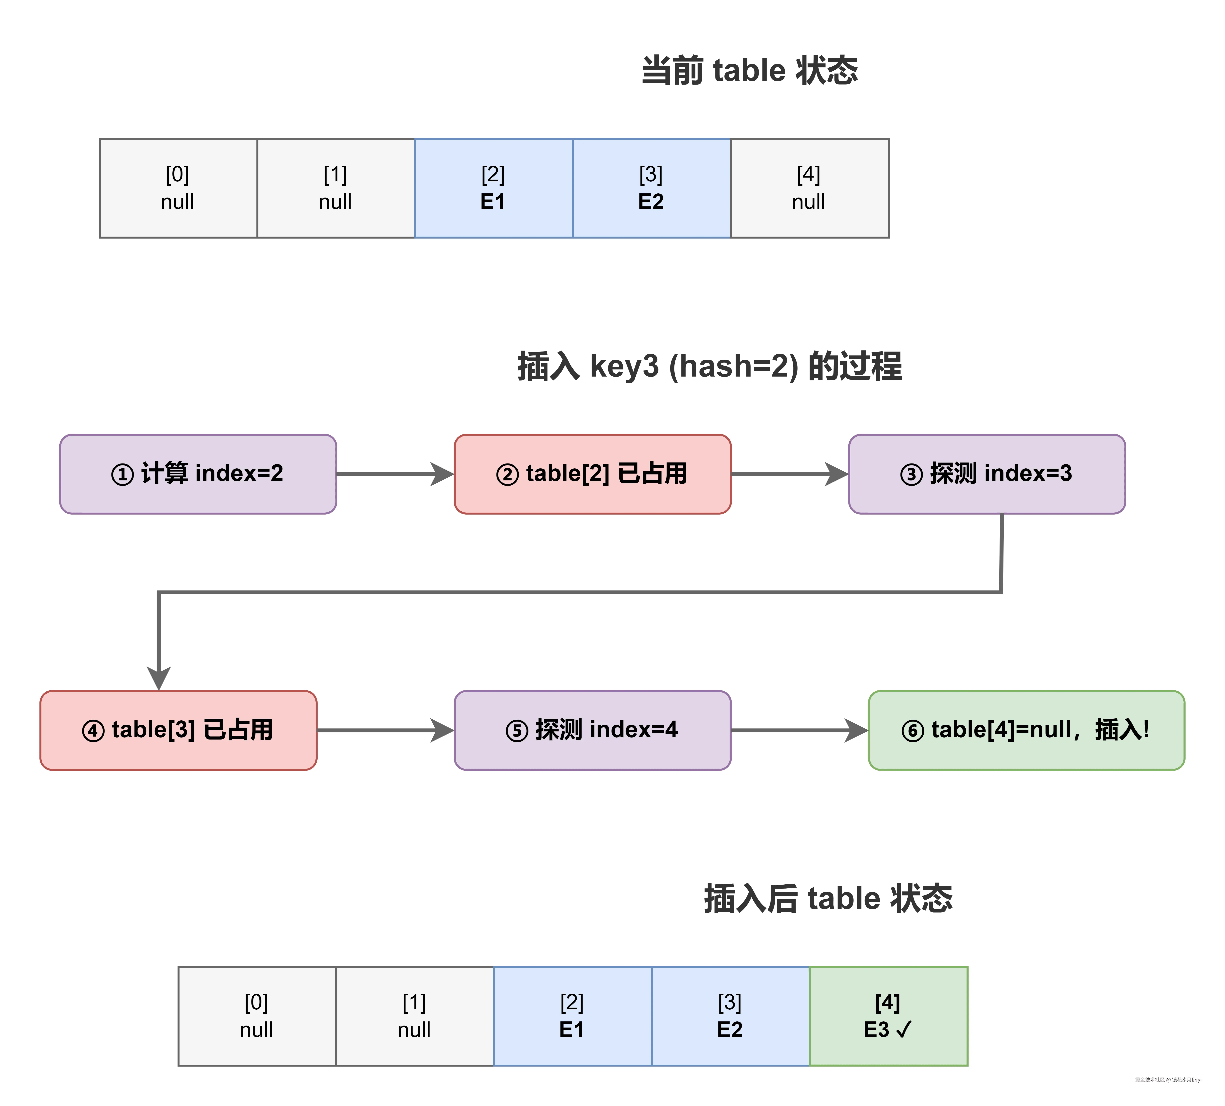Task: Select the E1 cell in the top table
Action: point(493,188)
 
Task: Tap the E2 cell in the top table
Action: point(651,188)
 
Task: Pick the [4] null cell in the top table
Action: point(809,188)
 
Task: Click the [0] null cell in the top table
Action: point(178,188)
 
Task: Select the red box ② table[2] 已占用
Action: point(592,474)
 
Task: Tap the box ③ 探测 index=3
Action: point(986,474)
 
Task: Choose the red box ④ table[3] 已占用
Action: point(178,730)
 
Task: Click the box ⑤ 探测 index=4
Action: point(592,730)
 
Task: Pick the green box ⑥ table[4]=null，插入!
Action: point(1026,730)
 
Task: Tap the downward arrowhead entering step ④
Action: point(159,677)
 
